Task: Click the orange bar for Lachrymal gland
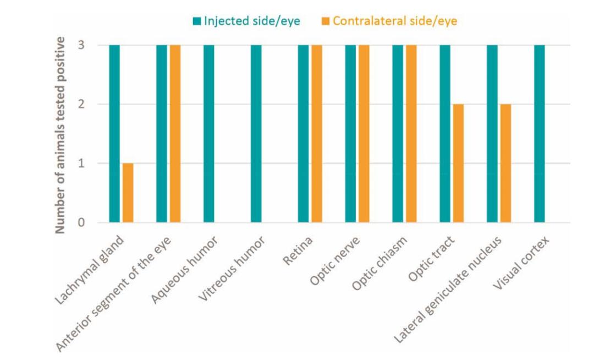tap(128, 193)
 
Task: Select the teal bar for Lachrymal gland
tap(114, 134)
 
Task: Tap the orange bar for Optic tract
tap(458, 163)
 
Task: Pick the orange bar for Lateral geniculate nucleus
tap(505, 163)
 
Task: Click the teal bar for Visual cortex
tap(540, 134)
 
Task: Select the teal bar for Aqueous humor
tap(209, 134)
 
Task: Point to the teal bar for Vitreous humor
tap(256, 134)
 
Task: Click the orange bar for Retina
tap(317, 134)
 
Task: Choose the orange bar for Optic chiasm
tap(411, 134)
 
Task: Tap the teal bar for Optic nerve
tap(351, 134)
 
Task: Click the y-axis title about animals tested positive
tap(62, 134)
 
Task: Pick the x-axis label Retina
tap(299, 250)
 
